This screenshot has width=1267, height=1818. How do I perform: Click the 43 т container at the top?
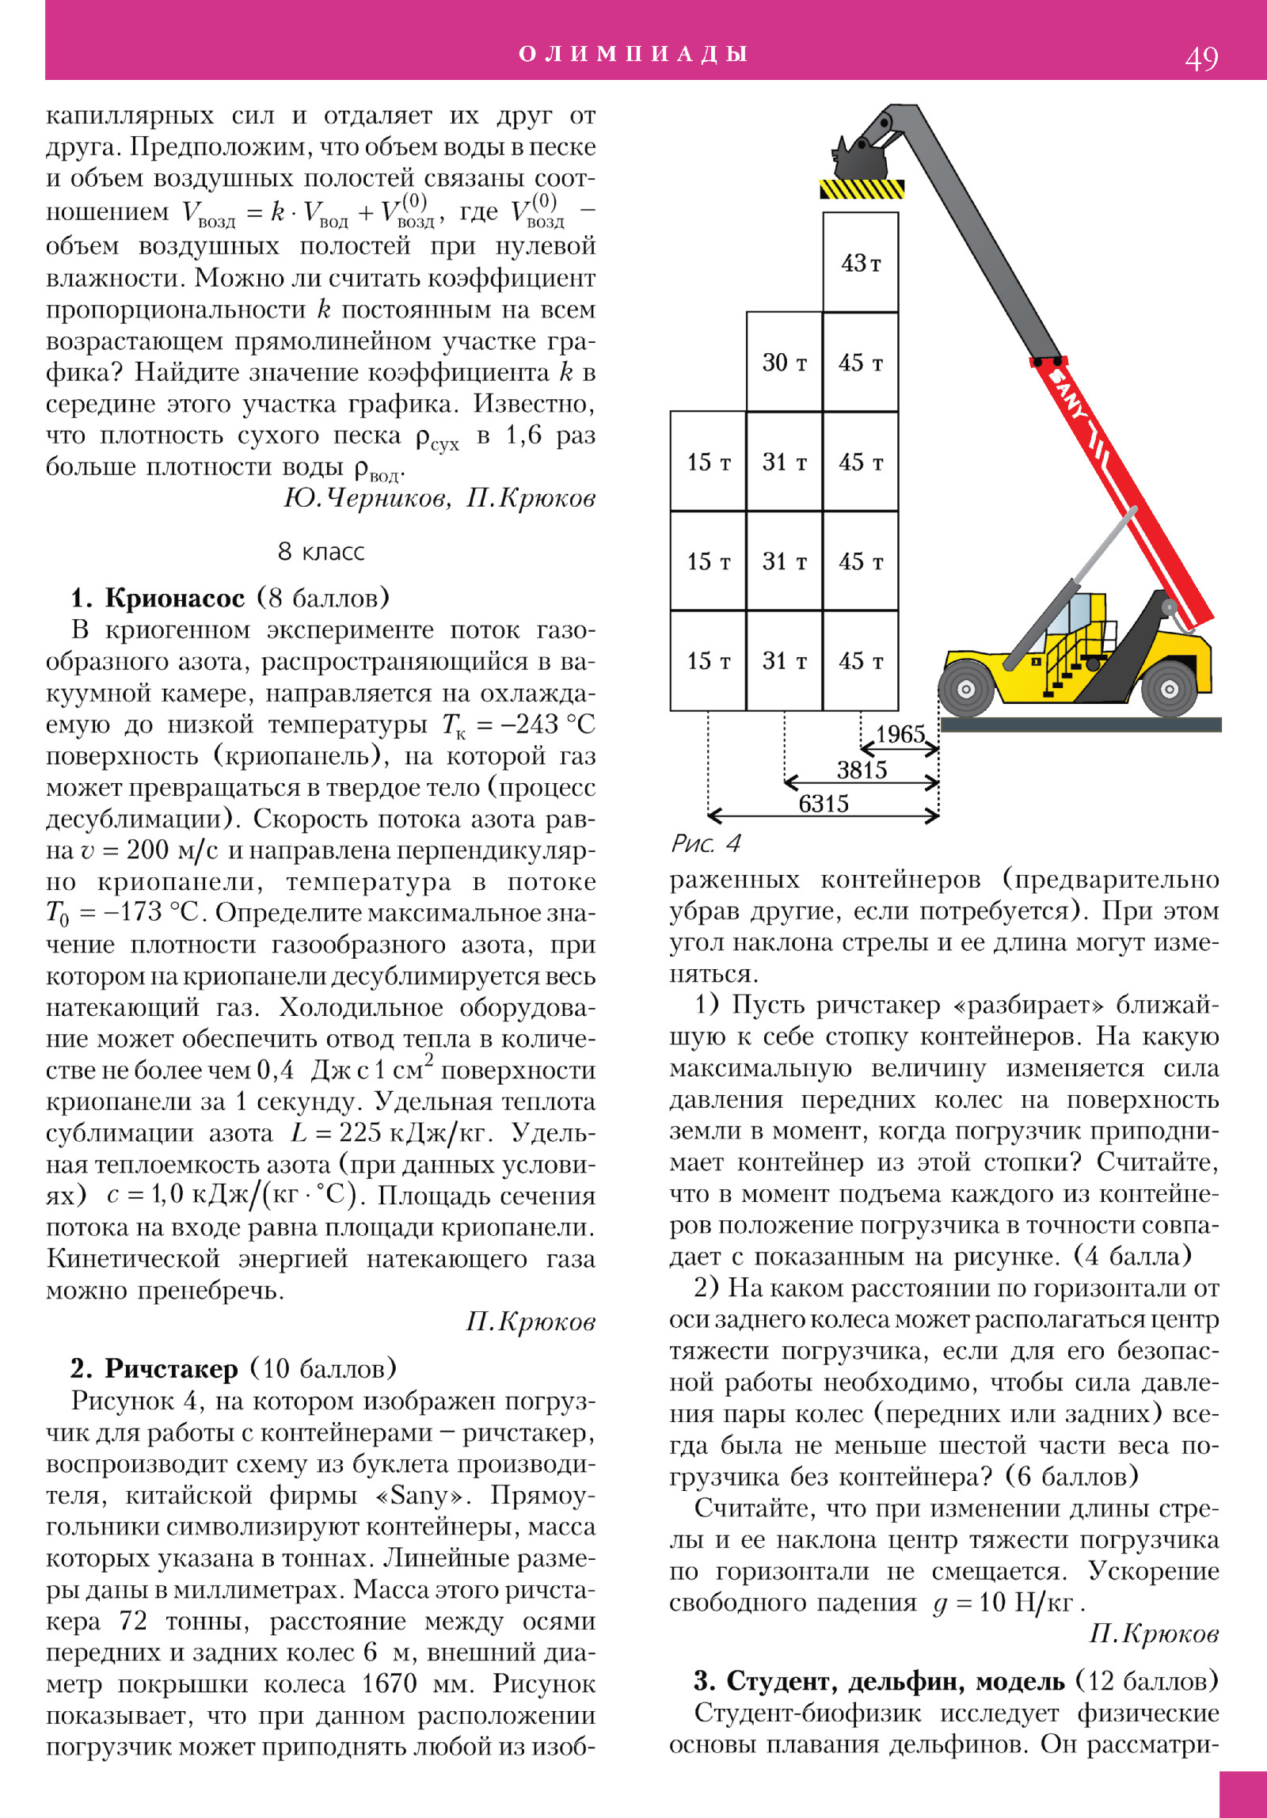point(861,262)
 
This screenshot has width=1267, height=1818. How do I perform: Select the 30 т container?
point(784,362)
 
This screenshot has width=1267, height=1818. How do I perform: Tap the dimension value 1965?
point(900,734)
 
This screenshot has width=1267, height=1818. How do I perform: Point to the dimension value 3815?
point(862,770)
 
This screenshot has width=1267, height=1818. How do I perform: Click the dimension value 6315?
point(823,804)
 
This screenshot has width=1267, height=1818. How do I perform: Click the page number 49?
point(1201,58)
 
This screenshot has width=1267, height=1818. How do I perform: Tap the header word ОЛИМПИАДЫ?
point(633,53)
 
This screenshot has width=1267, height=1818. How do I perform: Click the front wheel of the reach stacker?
point(965,689)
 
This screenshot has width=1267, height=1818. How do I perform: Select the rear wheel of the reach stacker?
point(1169,689)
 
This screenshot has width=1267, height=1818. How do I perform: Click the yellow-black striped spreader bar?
point(862,189)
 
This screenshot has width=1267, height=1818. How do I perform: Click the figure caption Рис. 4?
point(706,843)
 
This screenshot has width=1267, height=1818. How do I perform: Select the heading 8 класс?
point(321,551)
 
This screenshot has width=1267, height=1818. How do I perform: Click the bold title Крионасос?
point(175,598)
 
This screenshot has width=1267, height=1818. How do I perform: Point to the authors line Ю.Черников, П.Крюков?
point(439,498)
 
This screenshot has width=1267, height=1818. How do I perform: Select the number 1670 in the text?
point(389,1683)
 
